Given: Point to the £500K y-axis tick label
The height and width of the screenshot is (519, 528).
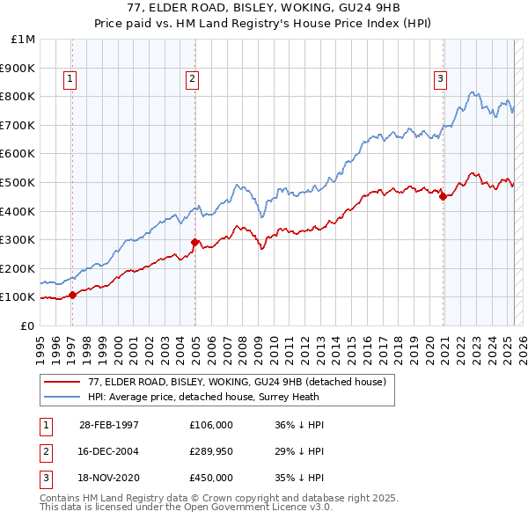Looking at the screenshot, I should (19, 182).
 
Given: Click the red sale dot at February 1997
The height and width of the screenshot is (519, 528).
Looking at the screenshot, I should (73, 296).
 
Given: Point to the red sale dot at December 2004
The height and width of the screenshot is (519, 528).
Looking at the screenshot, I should (194, 243).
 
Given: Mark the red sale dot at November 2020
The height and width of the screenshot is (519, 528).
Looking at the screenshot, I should (443, 197).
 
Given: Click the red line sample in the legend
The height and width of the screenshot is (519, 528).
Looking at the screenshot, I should (63, 382).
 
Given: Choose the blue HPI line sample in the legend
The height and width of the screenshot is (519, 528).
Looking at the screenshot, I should (63, 397).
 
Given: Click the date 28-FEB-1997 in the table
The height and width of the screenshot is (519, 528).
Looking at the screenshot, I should (109, 425).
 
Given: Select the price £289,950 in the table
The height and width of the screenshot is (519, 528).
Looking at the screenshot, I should (211, 451).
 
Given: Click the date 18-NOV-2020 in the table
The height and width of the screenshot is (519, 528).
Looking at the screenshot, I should (109, 478).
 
